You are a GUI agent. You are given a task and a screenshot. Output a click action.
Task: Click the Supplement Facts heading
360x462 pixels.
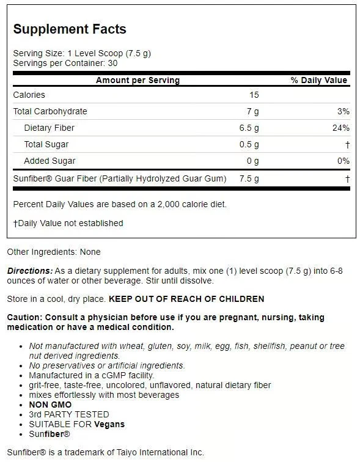(x=70, y=29)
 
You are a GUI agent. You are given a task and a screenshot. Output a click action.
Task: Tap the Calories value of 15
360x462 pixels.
(x=254, y=95)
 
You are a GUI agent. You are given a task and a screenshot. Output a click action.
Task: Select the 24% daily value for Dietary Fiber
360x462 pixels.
(x=341, y=128)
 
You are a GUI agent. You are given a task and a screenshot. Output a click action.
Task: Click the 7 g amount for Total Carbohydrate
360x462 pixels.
(x=253, y=111)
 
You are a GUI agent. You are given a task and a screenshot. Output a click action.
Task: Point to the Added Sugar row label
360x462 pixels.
(x=50, y=161)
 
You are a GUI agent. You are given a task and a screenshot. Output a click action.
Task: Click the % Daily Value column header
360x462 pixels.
(x=318, y=80)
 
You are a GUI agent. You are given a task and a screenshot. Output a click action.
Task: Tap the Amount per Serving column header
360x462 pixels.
(x=138, y=80)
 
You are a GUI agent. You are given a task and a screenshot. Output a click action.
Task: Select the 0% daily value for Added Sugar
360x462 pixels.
(x=343, y=161)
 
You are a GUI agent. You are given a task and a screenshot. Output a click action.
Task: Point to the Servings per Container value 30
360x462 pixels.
(x=112, y=63)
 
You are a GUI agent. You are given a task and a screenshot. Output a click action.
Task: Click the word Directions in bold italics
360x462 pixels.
(x=29, y=271)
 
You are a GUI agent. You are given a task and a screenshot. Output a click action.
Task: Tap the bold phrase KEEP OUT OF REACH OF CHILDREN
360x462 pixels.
(x=186, y=299)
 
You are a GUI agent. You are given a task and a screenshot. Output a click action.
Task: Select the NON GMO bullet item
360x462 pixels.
(x=50, y=405)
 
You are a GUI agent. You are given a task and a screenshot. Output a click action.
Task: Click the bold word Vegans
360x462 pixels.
(x=109, y=424)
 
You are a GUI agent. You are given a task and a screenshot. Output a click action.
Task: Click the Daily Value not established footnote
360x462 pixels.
(x=68, y=223)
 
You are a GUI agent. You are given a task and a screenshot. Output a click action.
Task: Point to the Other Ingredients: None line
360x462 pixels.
(x=54, y=252)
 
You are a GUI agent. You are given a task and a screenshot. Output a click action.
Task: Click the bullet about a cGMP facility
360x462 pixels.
(x=91, y=375)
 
